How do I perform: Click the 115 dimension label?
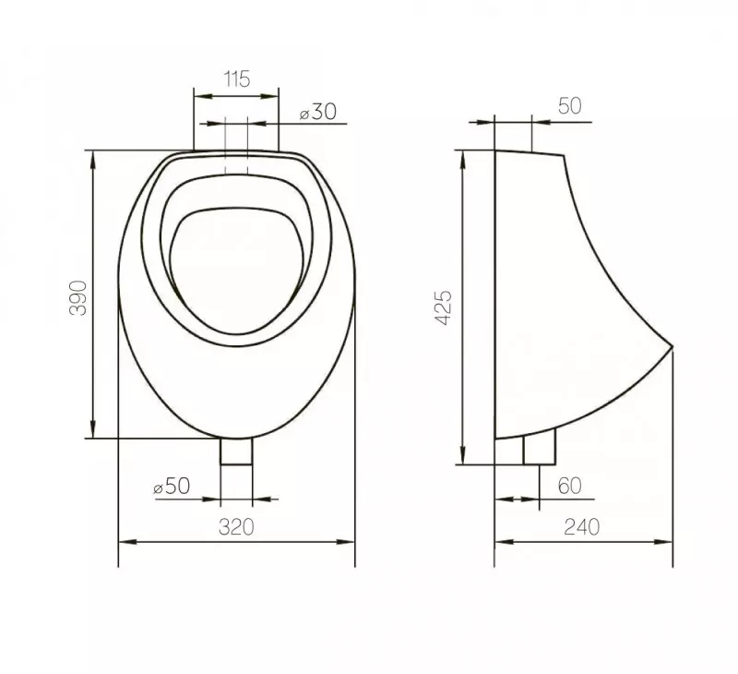[236, 79]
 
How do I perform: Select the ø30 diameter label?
[318, 112]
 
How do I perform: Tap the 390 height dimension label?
[78, 297]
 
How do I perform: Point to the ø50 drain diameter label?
[172, 486]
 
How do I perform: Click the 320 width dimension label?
[236, 527]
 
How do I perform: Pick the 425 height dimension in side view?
[444, 307]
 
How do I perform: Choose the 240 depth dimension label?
[582, 527]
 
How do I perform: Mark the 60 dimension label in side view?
[569, 486]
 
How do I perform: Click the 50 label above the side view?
[569, 106]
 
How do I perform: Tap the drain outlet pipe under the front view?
[236, 451]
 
